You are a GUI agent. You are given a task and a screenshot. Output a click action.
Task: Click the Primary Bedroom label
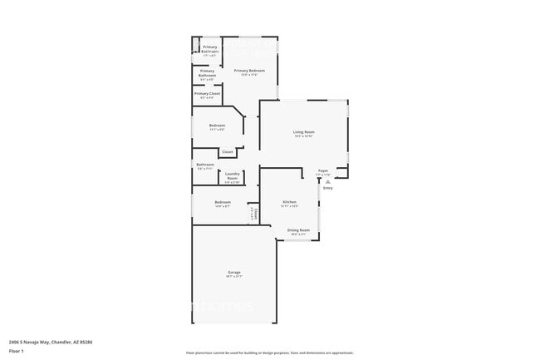click(248, 71)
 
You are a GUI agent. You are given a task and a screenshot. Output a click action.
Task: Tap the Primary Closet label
click(207, 94)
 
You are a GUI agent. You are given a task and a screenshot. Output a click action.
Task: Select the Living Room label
click(303, 132)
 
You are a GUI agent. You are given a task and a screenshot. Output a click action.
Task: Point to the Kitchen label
click(289, 202)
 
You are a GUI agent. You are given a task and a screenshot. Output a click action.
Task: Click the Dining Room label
click(298, 230)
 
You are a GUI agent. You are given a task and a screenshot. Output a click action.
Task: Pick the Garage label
click(235, 272)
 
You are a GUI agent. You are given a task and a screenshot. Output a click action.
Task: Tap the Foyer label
click(322, 170)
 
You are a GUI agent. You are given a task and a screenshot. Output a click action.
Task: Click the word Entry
click(328, 189)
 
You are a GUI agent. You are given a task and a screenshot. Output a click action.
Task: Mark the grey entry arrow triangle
click(327, 180)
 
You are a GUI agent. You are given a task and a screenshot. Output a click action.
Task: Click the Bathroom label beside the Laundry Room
click(205, 165)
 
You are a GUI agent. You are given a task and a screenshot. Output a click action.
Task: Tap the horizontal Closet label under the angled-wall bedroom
click(227, 152)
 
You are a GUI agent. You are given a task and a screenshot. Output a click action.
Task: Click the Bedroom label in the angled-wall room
click(217, 126)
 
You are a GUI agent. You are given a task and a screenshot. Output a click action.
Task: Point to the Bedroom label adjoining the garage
click(223, 202)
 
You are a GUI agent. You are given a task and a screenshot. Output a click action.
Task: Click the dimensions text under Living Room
click(303, 136)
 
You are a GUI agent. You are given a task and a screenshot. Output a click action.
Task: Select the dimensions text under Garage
click(235, 276)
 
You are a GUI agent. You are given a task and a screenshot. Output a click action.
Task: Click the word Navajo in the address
click(38, 342)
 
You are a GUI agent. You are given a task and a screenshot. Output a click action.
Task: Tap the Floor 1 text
click(16, 350)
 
